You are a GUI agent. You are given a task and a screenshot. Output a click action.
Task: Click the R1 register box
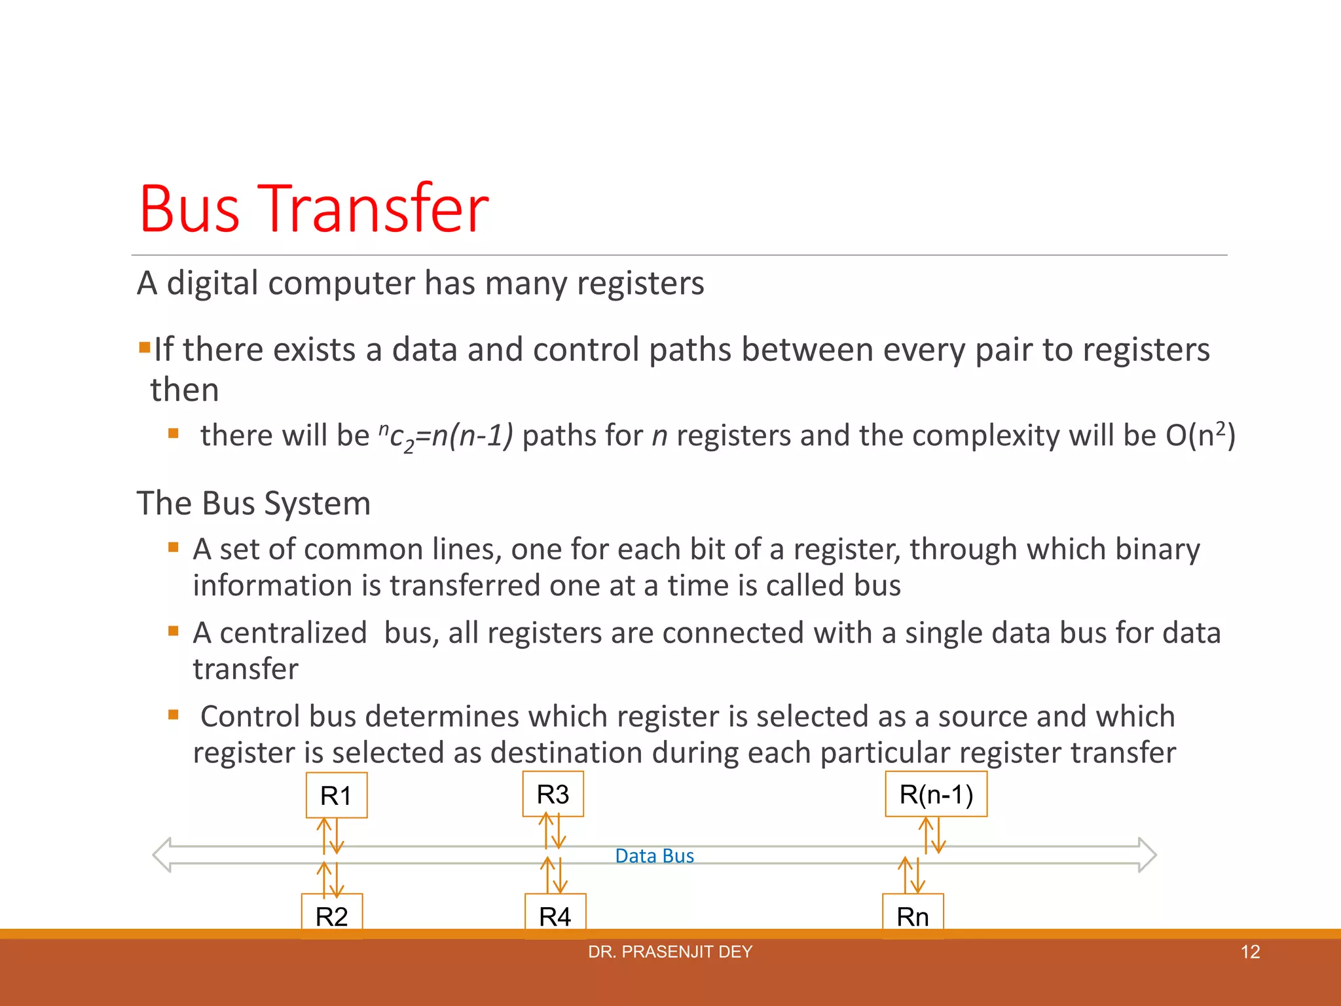pyautogui.click(x=337, y=795)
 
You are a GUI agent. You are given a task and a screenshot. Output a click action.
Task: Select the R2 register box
pyautogui.click(x=332, y=915)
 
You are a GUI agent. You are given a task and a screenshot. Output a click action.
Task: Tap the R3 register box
pyautogui.click(x=553, y=794)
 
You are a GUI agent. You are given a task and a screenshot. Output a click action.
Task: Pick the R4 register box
pyautogui.click(x=555, y=915)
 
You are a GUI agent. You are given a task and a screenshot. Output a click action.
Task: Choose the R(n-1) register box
pyautogui.click(x=936, y=794)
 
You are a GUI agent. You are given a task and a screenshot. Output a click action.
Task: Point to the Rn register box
pyautogui.click(x=913, y=915)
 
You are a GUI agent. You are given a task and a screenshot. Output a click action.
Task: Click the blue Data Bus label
pyautogui.click(x=654, y=856)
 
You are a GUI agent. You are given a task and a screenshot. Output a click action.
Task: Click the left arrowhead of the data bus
pyautogui.click(x=162, y=855)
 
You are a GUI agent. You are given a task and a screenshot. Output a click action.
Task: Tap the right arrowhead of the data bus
pyautogui.click(x=1147, y=855)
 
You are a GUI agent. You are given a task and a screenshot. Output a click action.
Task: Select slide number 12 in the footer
pyautogui.click(x=1250, y=952)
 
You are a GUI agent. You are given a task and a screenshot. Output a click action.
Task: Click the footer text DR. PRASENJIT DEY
pyautogui.click(x=670, y=952)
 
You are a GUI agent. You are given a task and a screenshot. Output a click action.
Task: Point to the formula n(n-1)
pyautogui.click(x=472, y=436)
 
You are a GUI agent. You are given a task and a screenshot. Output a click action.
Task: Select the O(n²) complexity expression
pyautogui.click(x=1200, y=434)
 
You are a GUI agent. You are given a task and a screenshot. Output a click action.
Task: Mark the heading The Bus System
pyautogui.click(x=253, y=503)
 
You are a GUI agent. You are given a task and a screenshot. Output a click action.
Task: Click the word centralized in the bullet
pyautogui.click(x=293, y=633)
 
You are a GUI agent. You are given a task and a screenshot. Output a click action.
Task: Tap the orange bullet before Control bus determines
pyautogui.click(x=174, y=715)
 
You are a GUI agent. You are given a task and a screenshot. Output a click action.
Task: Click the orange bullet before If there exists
pyautogui.click(x=144, y=346)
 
